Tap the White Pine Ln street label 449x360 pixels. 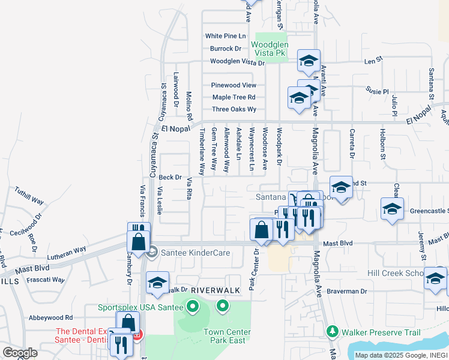226,36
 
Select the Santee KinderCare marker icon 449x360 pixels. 151,253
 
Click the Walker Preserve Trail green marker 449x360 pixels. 331,331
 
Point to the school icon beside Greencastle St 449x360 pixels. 391,209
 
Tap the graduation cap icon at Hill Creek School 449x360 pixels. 435,278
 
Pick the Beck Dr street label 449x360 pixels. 170,178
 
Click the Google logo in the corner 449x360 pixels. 20,353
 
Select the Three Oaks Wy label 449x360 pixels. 234,109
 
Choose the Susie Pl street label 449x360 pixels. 378,91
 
